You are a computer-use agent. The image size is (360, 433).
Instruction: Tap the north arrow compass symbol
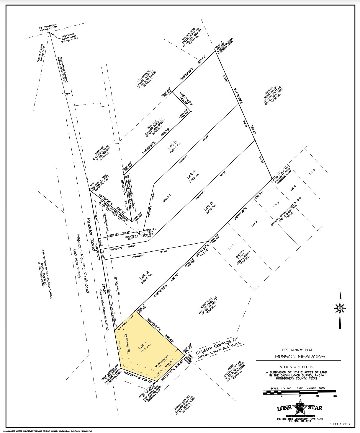[x=340, y=308]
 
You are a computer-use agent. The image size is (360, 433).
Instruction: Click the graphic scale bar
[x=299, y=393]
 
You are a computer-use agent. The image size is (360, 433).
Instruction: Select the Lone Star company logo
[x=300, y=408]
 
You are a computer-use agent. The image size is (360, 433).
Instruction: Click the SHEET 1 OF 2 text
[x=340, y=424]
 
